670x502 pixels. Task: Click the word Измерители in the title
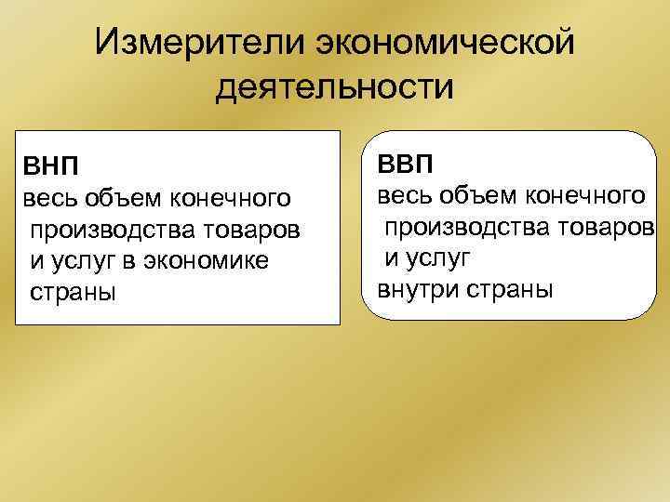point(198,41)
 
